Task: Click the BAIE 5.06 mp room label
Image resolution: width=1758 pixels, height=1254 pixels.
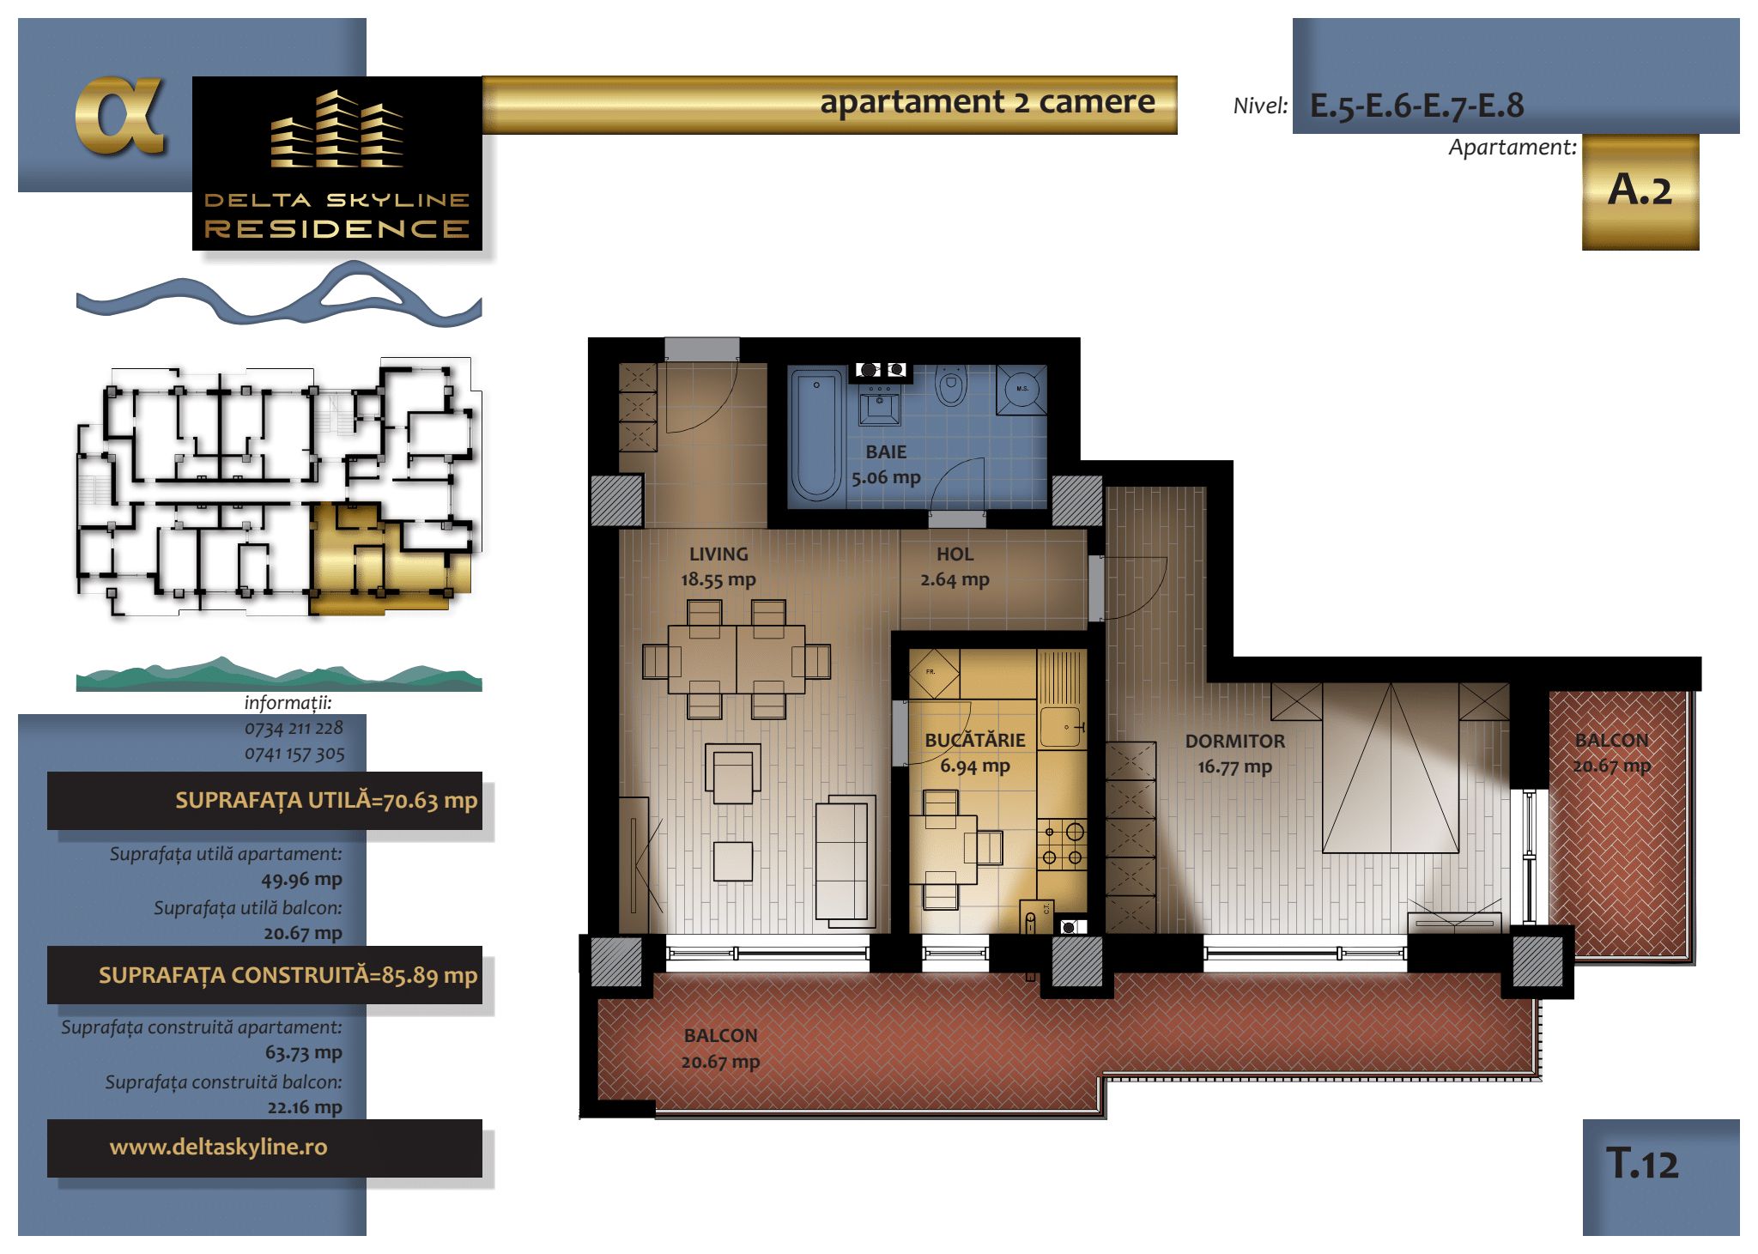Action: click(x=886, y=464)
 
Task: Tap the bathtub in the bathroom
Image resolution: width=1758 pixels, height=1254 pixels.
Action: click(x=815, y=434)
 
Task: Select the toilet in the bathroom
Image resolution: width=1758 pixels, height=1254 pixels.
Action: click(x=950, y=387)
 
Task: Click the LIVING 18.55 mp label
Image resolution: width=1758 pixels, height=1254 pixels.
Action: click(x=718, y=566)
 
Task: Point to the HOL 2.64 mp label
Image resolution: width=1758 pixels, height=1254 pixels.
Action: click(x=955, y=566)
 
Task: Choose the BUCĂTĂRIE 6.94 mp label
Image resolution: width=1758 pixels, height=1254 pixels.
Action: click(x=975, y=753)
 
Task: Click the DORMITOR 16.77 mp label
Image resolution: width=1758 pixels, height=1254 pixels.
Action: click(x=1235, y=754)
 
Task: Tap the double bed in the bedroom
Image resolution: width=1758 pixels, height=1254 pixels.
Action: click(x=1391, y=767)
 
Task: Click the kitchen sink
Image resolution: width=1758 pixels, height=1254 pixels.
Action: click(x=1063, y=727)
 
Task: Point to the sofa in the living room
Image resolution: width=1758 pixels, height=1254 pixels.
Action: click(x=846, y=862)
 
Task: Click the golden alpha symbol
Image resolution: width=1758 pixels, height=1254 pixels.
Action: click(x=119, y=116)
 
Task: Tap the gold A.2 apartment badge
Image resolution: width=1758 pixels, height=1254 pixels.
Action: click(x=1640, y=191)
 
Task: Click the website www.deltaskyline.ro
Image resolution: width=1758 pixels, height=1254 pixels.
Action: click(x=219, y=1148)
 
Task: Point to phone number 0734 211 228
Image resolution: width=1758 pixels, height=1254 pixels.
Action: click(x=294, y=729)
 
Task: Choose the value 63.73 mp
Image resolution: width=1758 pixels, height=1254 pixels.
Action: click(x=303, y=1052)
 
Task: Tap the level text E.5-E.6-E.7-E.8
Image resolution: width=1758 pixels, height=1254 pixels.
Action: click(x=1416, y=106)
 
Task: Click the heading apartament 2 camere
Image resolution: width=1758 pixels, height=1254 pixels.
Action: click(x=987, y=102)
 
